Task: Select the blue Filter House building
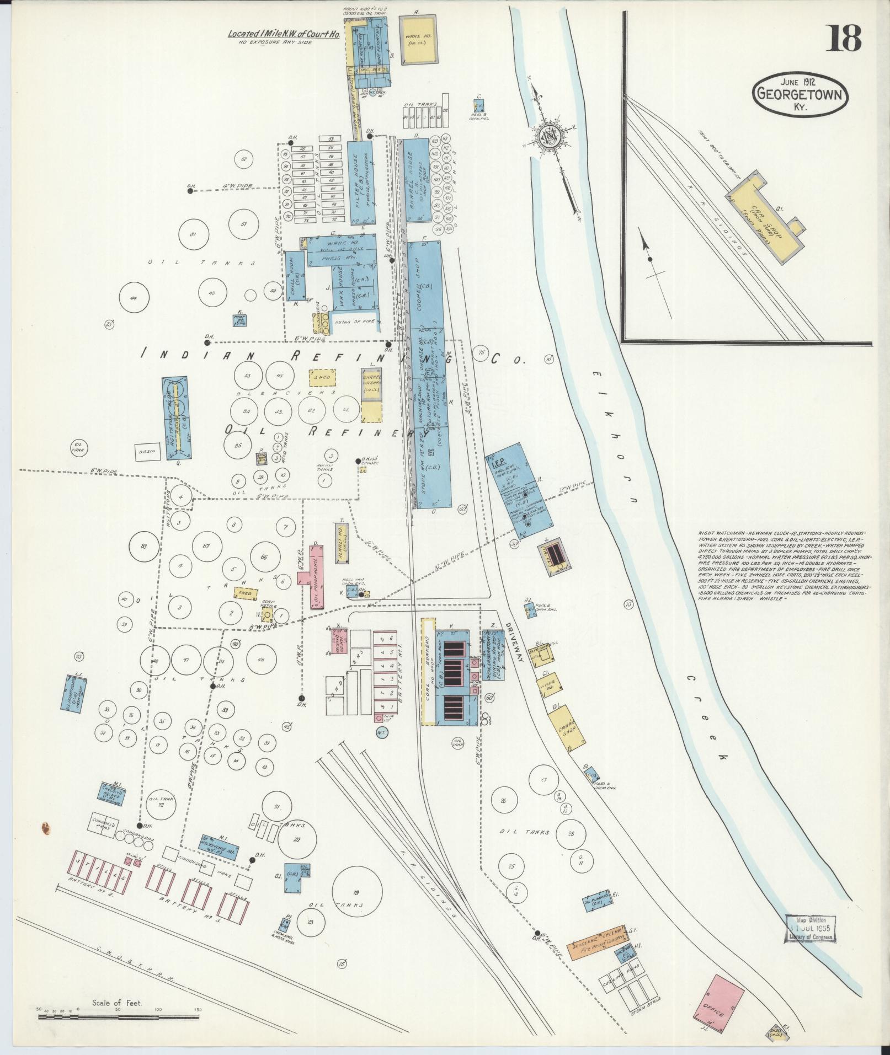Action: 360,183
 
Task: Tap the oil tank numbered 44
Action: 132,298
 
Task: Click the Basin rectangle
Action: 147,452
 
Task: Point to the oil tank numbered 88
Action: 145,546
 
